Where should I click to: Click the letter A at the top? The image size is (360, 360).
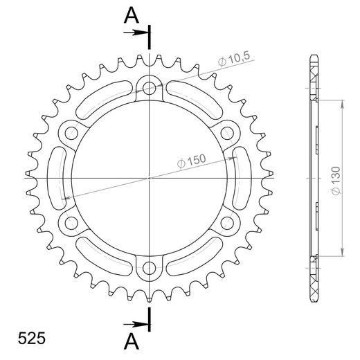131,15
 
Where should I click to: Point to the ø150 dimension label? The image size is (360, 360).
191,161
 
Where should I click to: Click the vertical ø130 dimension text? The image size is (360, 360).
335,177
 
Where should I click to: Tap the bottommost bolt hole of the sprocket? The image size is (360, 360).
150,269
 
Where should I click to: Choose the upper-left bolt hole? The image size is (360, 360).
71,132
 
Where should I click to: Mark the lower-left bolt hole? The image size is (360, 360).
71,223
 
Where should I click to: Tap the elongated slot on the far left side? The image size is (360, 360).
58,178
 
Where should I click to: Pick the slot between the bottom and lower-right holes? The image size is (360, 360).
196,257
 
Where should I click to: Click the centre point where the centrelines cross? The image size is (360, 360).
150,178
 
